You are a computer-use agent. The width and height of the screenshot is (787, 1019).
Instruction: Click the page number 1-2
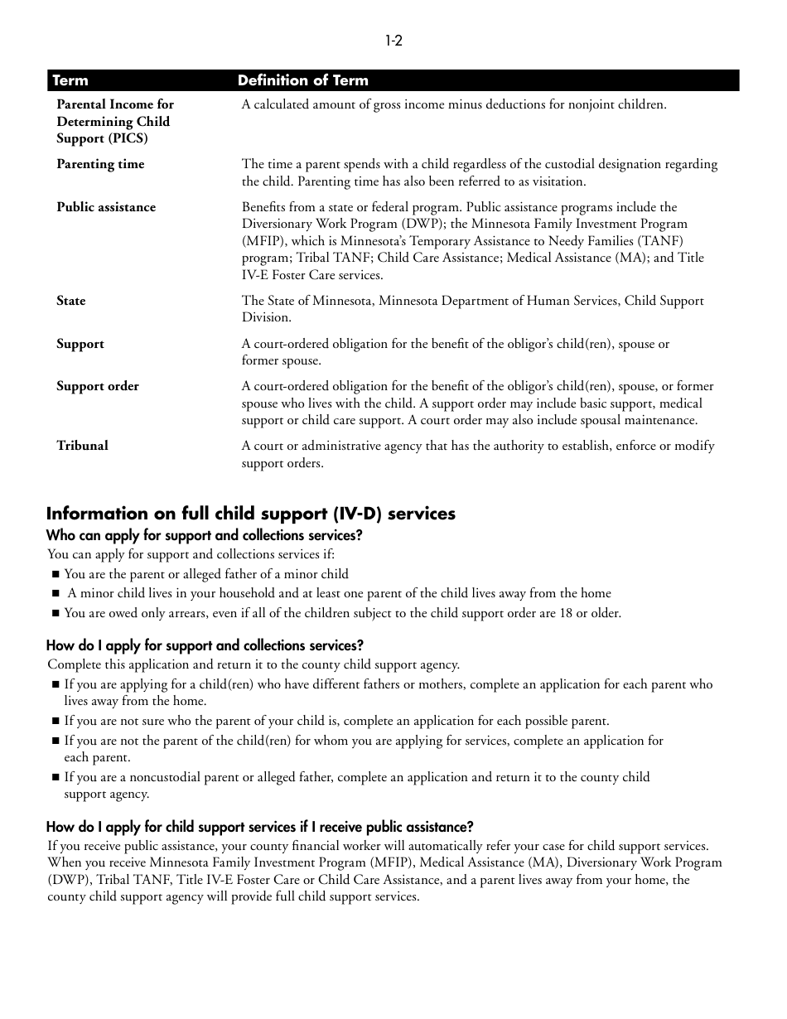[x=393, y=41]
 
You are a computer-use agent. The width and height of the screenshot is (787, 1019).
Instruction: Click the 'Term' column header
[x=70, y=80]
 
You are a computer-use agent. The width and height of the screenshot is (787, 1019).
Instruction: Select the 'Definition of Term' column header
[x=302, y=80]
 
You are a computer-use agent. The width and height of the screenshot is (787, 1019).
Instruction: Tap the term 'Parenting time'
[x=100, y=164]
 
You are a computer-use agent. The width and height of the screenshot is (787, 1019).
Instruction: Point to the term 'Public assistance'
[x=106, y=207]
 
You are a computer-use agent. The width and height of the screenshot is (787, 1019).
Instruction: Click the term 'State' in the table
[x=71, y=301]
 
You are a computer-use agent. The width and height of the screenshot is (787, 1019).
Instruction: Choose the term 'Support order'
[x=98, y=386]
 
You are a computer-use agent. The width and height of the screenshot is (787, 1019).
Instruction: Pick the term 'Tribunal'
[x=82, y=446]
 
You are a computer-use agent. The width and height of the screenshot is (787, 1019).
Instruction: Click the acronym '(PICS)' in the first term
[x=128, y=138]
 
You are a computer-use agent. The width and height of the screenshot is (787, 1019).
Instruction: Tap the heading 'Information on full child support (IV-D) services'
[x=250, y=514]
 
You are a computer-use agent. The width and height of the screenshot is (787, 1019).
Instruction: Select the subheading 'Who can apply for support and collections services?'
[x=204, y=536]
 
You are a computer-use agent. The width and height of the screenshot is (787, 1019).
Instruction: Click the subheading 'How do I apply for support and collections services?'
[x=205, y=645]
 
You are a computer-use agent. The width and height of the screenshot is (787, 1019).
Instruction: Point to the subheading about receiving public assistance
[x=259, y=827]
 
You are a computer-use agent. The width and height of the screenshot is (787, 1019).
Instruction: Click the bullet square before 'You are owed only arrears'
[x=56, y=614]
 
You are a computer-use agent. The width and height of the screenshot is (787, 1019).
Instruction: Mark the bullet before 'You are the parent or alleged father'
[x=56, y=574]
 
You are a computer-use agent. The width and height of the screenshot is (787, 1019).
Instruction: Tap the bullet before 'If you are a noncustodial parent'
[x=56, y=778]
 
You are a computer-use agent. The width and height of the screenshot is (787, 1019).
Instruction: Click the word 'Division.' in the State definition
[x=267, y=317]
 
